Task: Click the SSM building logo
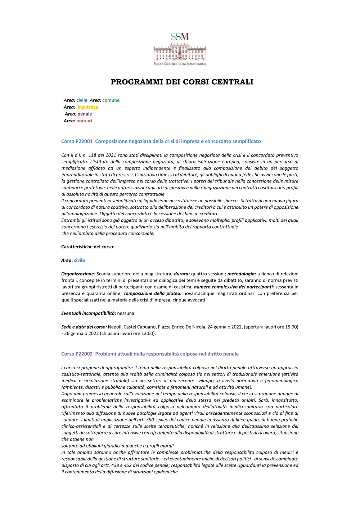[x=180, y=49]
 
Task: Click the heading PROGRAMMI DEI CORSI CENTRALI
[x=182, y=82]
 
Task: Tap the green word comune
[x=111, y=100]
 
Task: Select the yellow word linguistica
[x=87, y=107]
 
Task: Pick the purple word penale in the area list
[x=85, y=114]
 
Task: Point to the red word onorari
[x=84, y=121]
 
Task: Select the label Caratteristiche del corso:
[x=88, y=247]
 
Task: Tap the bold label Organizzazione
[x=77, y=274]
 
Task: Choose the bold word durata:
[x=182, y=274]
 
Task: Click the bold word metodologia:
[x=242, y=274]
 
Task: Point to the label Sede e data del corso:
[x=84, y=327]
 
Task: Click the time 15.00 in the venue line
[x=291, y=327]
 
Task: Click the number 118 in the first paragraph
[x=92, y=155]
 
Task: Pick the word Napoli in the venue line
[x=115, y=327]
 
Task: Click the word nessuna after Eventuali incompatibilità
[x=126, y=314]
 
